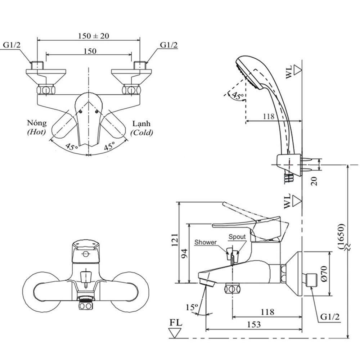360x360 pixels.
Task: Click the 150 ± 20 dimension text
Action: pos(94,36)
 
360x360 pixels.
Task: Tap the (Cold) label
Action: pos(141,132)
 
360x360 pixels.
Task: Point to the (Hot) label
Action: pos(36,132)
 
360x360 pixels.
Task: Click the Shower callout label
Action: pos(206,242)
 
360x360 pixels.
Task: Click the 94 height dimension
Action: pos(184,254)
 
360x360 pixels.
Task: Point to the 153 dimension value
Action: pos(254,324)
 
